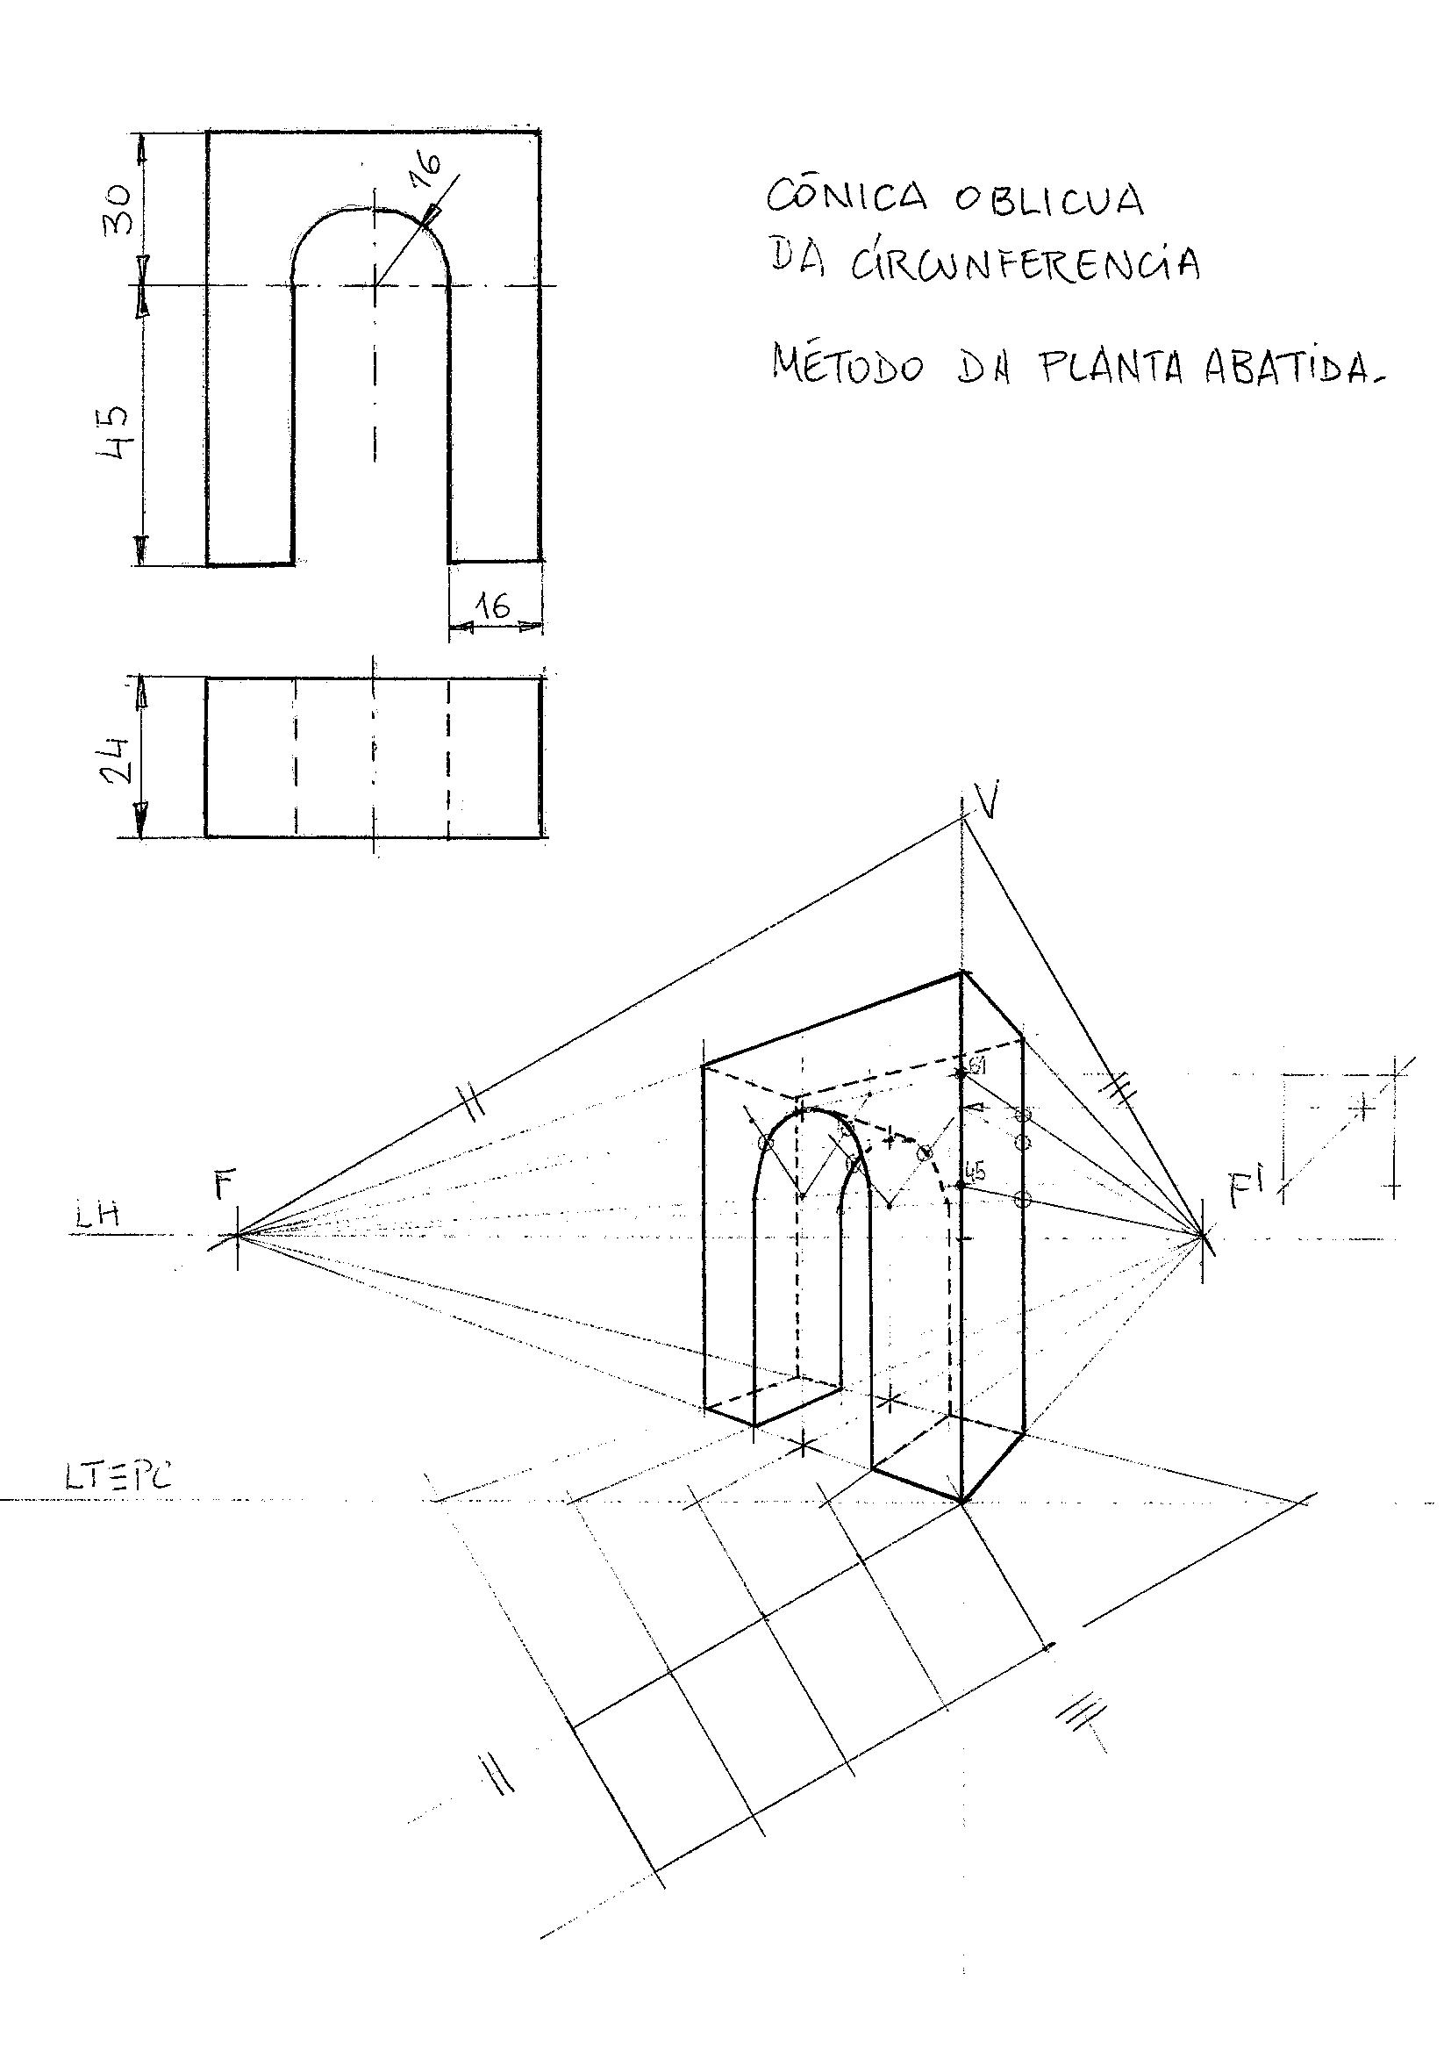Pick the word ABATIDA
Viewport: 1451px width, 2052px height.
pyautogui.click(x=1291, y=367)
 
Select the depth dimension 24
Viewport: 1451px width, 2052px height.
pyautogui.click(x=117, y=759)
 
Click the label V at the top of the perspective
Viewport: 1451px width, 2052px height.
pyautogui.click(x=986, y=800)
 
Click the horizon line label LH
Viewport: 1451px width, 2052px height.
pyautogui.click(x=98, y=1216)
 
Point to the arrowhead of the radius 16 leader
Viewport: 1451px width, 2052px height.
pyautogui.click(x=432, y=214)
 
